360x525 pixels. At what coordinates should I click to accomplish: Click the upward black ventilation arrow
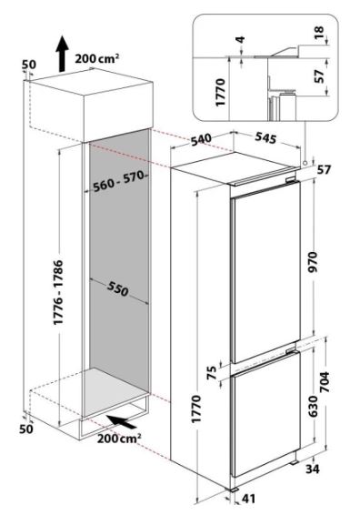point(62,55)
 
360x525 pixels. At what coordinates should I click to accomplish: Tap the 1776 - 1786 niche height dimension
point(58,292)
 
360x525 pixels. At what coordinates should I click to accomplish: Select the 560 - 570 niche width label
point(119,181)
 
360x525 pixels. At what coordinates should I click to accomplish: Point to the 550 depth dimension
point(118,288)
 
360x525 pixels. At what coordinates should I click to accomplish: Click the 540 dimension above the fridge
point(201,139)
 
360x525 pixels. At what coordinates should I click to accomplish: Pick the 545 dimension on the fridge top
point(265,137)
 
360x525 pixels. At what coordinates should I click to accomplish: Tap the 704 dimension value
point(325,382)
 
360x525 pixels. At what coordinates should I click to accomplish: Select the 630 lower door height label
point(313,406)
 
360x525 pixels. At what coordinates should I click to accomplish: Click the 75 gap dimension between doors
point(212,373)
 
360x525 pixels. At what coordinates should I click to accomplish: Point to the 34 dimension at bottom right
point(313,469)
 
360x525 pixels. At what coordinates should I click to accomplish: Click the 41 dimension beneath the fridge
point(248,499)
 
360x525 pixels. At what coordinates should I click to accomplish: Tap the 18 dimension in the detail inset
point(319,31)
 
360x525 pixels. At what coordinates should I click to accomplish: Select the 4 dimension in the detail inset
point(240,40)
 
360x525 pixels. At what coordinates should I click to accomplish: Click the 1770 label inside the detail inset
point(221,93)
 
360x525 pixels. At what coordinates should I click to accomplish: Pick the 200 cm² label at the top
point(96,58)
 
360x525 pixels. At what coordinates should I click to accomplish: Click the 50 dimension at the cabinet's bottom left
point(25,429)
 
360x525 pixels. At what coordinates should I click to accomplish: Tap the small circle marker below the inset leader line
point(305,163)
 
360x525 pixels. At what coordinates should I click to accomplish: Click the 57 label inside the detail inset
point(319,76)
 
